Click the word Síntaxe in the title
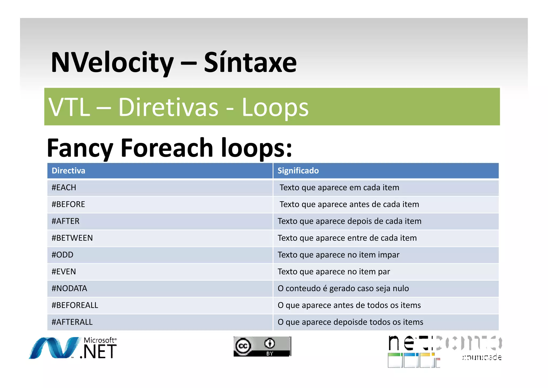[x=250, y=63]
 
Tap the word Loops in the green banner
[x=275, y=107]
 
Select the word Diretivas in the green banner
[x=169, y=107]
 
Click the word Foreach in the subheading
[x=166, y=148]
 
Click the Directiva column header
[x=68, y=171]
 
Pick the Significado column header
[x=298, y=171]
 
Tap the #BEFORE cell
[x=68, y=204]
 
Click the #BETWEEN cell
[x=72, y=238]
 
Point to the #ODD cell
[x=62, y=255]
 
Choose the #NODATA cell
[x=69, y=289]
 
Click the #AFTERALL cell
[x=72, y=322]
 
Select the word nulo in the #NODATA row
[x=401, y=289]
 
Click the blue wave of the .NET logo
[x=54, y=348]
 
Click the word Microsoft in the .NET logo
[x=99, y=340]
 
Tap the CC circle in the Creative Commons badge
[x=243, y=346]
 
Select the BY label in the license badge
[x=269, y=354]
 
